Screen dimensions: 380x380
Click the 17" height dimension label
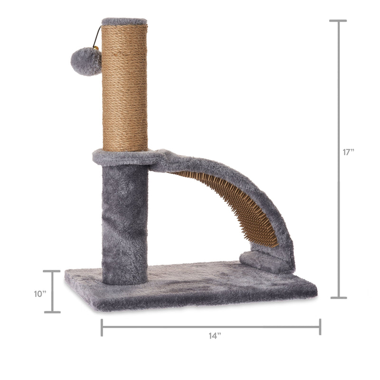tap(349, 152)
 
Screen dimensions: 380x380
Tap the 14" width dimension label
tap(215, 336)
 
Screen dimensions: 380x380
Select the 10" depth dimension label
tap(39, 294)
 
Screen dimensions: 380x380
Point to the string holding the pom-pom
tap(98, 37)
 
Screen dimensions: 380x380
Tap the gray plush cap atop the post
tap(124, 21)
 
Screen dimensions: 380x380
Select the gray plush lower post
tap(125, 223)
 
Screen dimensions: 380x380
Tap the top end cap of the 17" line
tap(338, 21)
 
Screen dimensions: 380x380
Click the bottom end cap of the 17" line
tap(338, 298)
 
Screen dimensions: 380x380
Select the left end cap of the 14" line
tap(102, 327)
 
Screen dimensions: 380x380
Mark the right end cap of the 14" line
tap(320, 327)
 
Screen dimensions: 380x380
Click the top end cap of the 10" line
tap(52, 271)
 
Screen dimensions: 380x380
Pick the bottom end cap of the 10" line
tap(52, 312)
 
